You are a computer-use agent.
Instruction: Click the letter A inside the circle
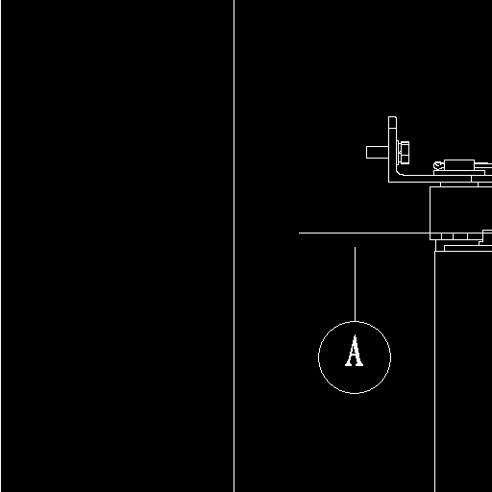point(354,350)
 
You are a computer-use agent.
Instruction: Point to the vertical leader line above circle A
point(355,284)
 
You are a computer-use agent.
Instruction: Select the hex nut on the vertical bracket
point(405,153)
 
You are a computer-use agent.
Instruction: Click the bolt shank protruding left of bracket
point(378,152)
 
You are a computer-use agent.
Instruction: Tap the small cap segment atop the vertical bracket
point(392,122)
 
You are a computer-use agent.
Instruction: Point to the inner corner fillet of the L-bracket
point(400,173)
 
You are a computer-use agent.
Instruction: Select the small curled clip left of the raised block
point(438,165)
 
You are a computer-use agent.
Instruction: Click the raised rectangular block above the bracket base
point(459,164)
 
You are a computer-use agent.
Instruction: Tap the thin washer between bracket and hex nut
point(399,153)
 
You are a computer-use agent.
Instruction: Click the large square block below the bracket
point(460,209)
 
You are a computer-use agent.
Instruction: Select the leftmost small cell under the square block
point(435,236)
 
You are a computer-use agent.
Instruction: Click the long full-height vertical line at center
point(234,246)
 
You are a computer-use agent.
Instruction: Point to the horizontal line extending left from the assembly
point(364,233)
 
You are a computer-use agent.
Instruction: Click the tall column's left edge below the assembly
point(434,372)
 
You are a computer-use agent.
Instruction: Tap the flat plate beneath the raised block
point(459,173)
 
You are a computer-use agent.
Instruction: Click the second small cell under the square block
point(447,236)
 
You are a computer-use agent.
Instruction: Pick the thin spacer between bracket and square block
point(459,184)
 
